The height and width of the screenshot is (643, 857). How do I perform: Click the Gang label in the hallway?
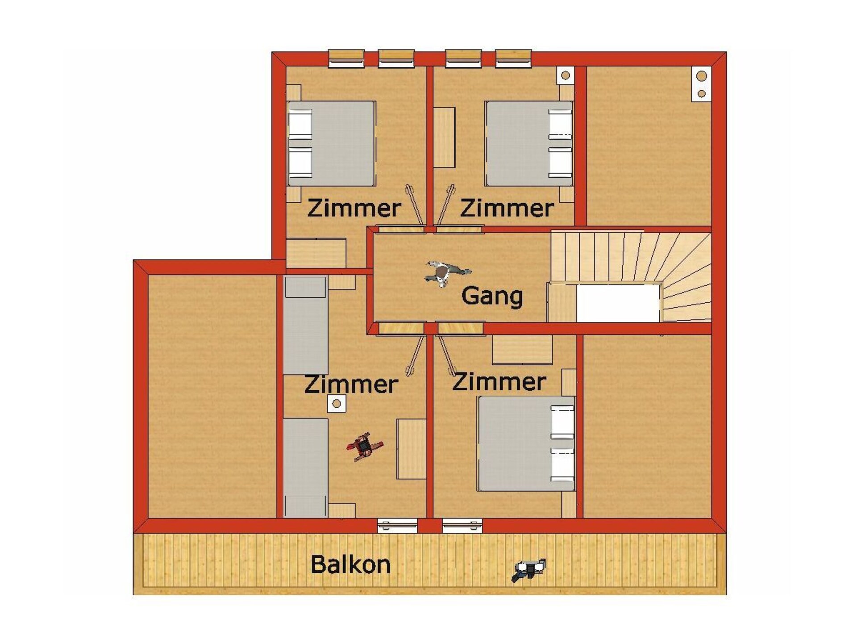(492, 296)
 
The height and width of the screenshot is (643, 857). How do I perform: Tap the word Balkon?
(350, 564)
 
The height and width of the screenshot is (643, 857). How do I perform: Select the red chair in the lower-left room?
(365, 447)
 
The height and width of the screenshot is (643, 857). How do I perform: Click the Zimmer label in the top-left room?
(354, 209)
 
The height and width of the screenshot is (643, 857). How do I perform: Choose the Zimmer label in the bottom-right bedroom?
(499, 382)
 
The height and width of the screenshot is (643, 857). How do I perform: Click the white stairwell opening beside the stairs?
(618, 303)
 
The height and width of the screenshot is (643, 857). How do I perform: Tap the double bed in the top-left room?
(331, 143)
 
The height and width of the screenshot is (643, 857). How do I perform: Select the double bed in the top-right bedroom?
(529, 143)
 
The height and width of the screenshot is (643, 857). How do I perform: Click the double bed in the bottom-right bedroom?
(526, 443)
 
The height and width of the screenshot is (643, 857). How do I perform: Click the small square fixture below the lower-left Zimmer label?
(337, 404)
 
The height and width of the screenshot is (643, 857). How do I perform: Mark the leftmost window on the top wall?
(346, 58)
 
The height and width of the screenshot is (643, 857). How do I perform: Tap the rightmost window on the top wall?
(513, 58)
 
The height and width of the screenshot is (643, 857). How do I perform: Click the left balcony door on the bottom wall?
(397, 526)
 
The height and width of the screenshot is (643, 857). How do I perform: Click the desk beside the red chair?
(412, 449)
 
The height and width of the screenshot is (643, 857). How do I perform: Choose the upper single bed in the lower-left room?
(306, 325)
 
